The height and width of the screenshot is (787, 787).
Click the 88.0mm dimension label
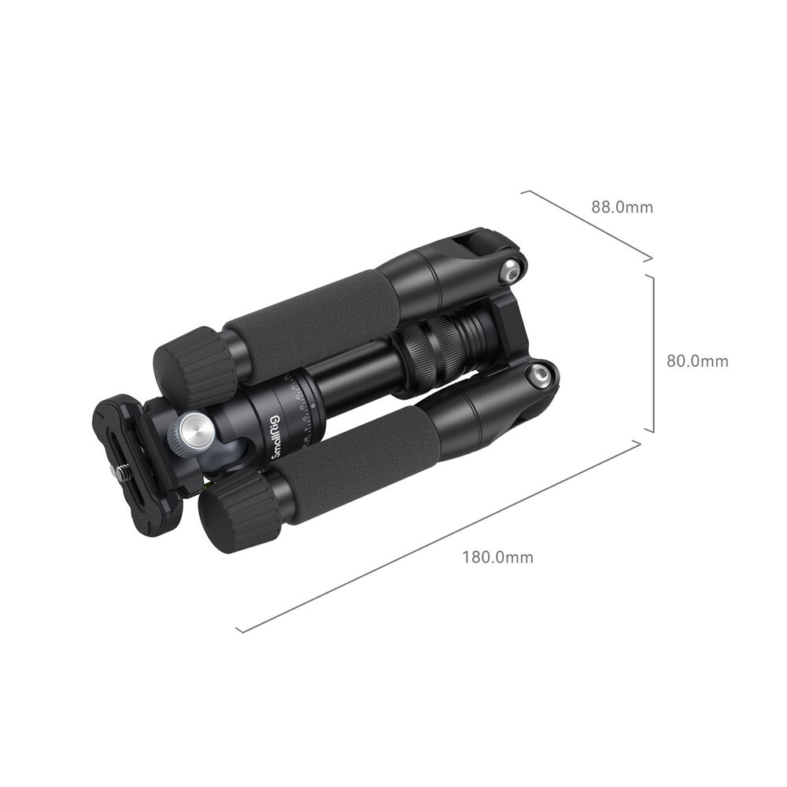coord(622,208)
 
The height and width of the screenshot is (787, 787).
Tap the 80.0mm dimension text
coord(697,361)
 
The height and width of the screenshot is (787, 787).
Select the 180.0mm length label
coord(497,557)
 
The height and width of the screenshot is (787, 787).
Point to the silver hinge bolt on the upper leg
coord(512,272)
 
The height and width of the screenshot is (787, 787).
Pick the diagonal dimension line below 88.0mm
coord(586,225)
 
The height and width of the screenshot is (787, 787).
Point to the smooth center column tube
coord(354,378)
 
